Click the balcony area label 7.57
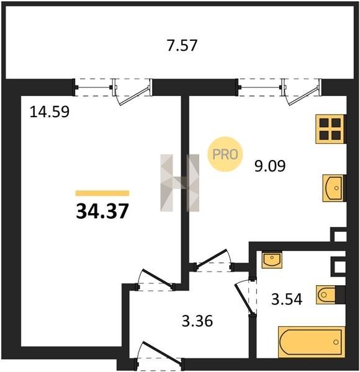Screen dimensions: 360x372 tap(182, 45)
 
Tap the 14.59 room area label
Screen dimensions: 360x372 tap(50, 112)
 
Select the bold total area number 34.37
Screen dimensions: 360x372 tap(102, 211)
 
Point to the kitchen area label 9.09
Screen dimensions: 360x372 tap(270, 166)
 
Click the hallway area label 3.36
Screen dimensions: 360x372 tap(197, 321)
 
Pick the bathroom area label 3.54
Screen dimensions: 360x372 tap(287, 299)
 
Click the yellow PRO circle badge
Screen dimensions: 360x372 tap(225, 154)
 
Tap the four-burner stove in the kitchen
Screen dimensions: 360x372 tap(330, 130)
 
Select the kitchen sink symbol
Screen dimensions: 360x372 tap(333, 188)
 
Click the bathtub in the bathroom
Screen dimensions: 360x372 tap(312, 342)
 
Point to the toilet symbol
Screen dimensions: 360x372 tap(326, 295)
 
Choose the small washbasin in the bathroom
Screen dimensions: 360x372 tap(272, 260)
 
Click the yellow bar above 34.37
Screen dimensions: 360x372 tap(102, 193)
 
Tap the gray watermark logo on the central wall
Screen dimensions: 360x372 tap(180, 183)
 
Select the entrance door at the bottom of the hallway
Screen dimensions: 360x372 tap(160, 354)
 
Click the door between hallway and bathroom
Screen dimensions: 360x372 tap(246, 297)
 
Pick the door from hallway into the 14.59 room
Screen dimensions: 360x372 tap(156, 280)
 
